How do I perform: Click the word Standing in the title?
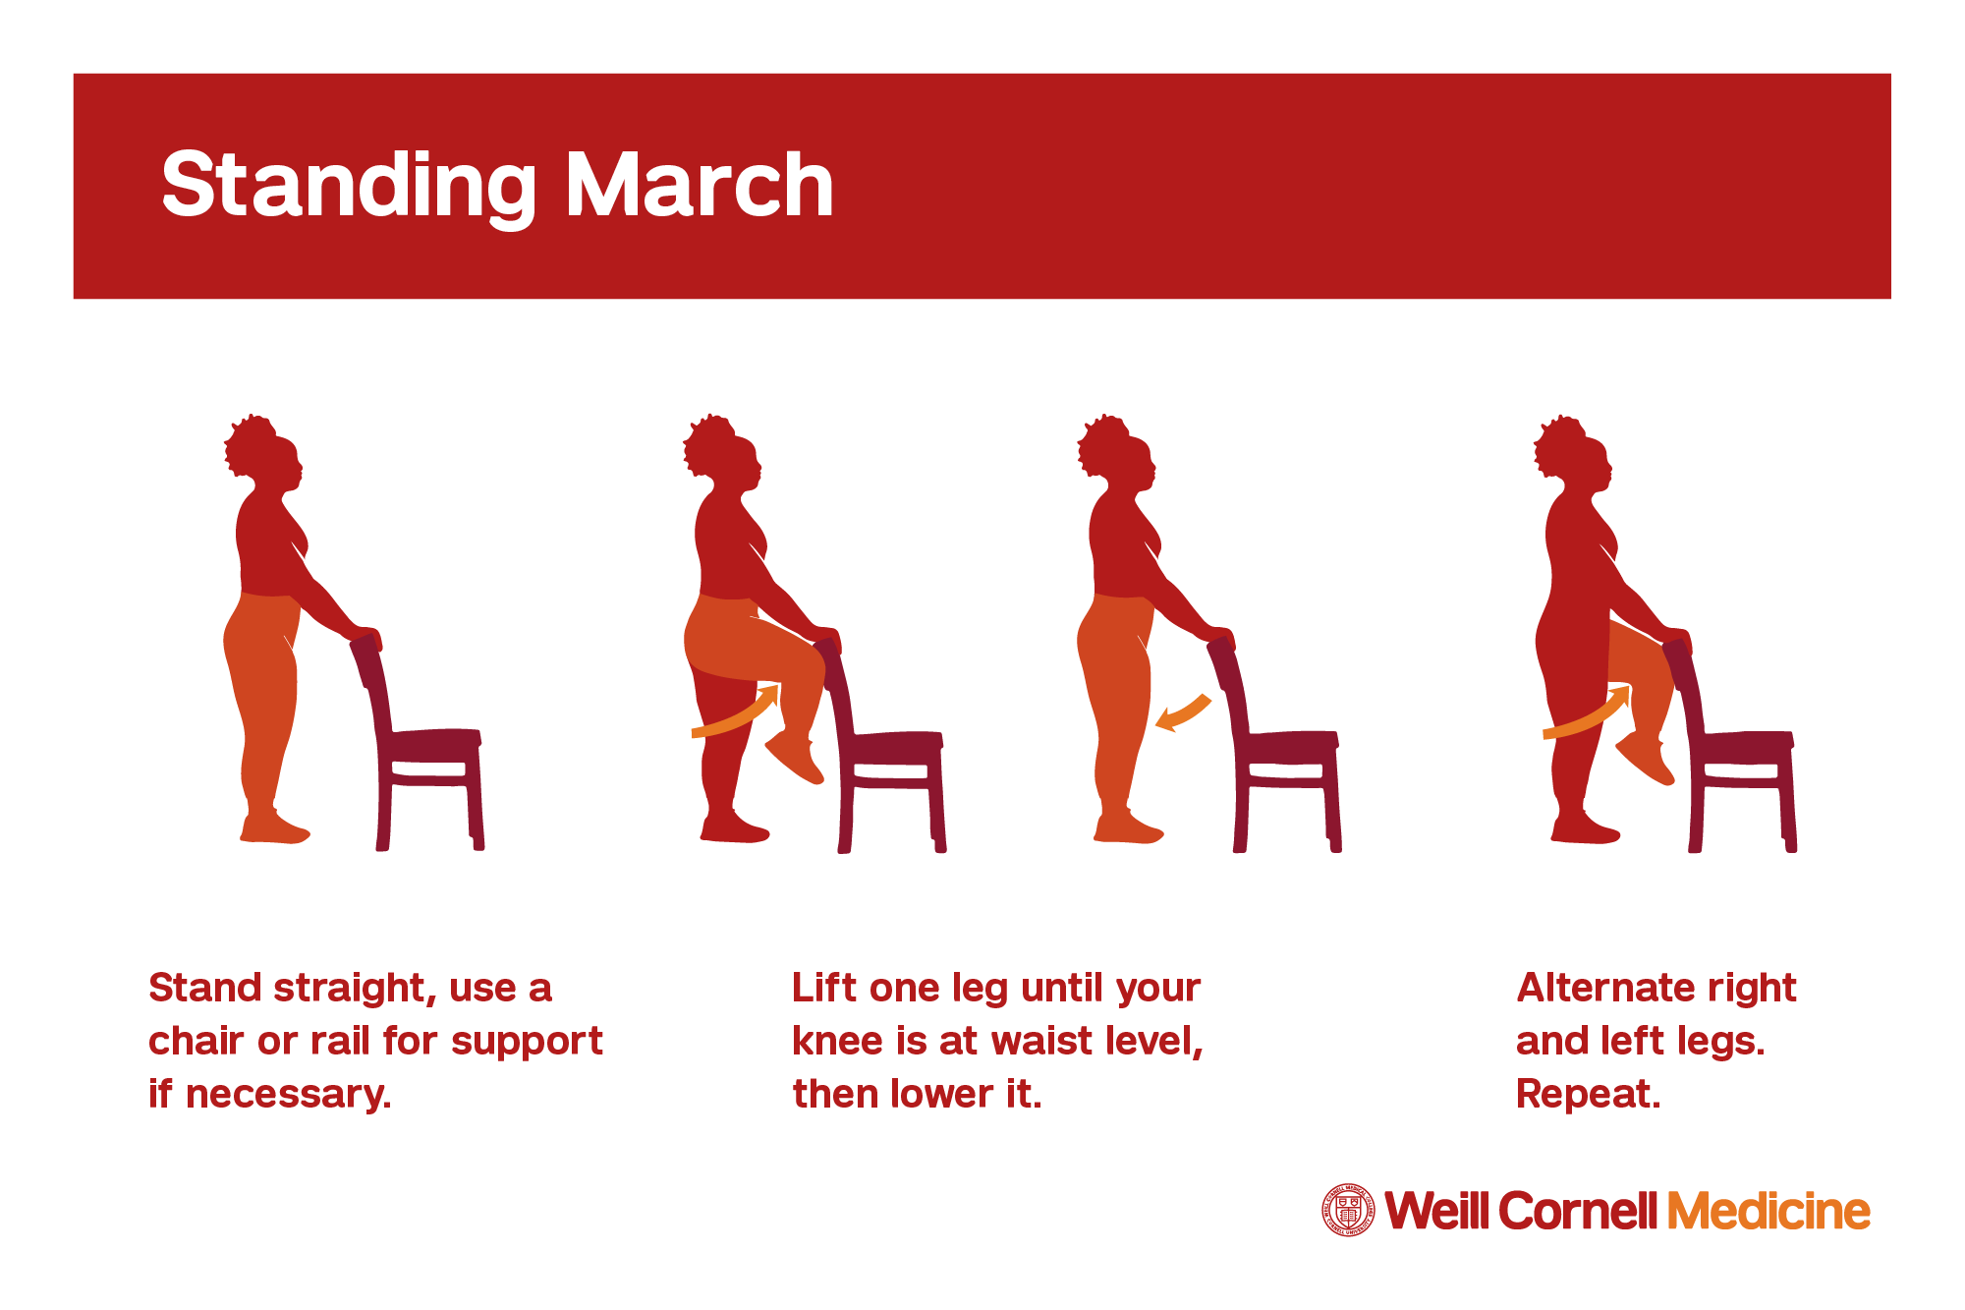pos(349,187)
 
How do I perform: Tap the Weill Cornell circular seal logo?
pos(1348,1210)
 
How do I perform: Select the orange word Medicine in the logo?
pos(1768,1211)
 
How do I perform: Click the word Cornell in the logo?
pos(1579,1211)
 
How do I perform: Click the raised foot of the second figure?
pos(794,757)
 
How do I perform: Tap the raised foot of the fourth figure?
pos(1645,758)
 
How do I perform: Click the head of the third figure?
pos(1117,454)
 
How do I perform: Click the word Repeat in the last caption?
pos(1587,1095)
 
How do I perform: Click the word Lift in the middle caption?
pos(824,988)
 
